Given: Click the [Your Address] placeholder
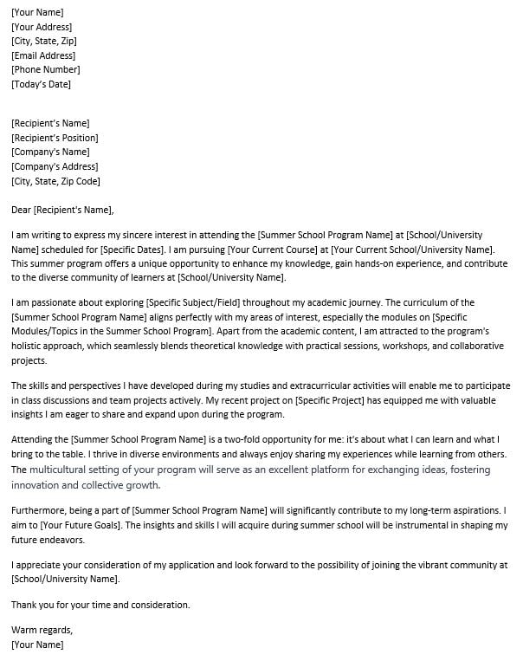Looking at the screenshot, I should coord(41,27).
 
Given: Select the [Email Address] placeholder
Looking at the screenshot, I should coord(42,55).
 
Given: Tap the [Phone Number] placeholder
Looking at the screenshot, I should coord(45,69).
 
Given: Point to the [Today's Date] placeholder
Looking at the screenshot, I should coord(41,84).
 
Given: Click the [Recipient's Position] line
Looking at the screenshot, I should coord(55,138).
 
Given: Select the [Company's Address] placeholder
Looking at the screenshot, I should coord(55,166).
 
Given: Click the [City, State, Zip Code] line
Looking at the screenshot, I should coord(55,181).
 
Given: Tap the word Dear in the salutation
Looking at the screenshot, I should coord(21,209).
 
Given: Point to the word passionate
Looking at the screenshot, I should coord(55,302).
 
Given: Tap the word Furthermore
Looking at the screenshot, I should coord(41,511).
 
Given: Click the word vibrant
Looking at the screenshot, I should coord(410,565).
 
